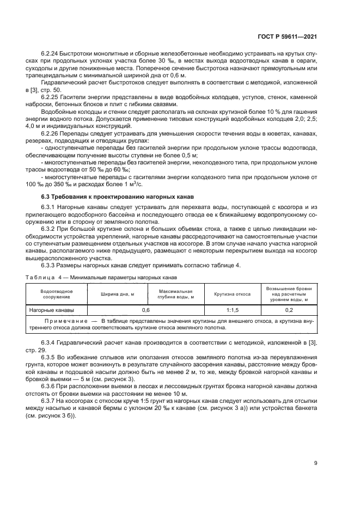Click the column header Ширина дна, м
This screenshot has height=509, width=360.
click(x=117, y=293)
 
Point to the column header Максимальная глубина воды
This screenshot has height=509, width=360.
click(x=175, y=293)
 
